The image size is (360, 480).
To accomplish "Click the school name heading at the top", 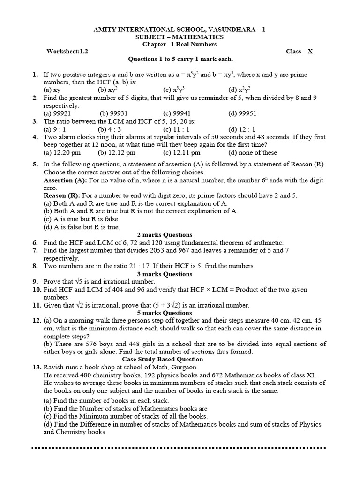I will [x=180, y=30].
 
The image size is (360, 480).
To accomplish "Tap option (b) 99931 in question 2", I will [x=113, y=113].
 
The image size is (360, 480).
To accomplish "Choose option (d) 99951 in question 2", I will [x=243, y=113].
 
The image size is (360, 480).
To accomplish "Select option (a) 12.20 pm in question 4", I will [x=62, y=152].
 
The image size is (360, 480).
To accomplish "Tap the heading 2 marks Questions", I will [x=165, y=235].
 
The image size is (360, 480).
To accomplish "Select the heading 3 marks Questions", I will [x=165, y=274].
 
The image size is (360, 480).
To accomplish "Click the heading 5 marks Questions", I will [x=165, y=313].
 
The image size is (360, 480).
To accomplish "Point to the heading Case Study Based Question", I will [x=165, y=359].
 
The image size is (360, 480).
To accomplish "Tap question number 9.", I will [x=35, y=282].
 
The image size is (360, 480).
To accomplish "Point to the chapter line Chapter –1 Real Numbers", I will [x=180, y=44].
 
